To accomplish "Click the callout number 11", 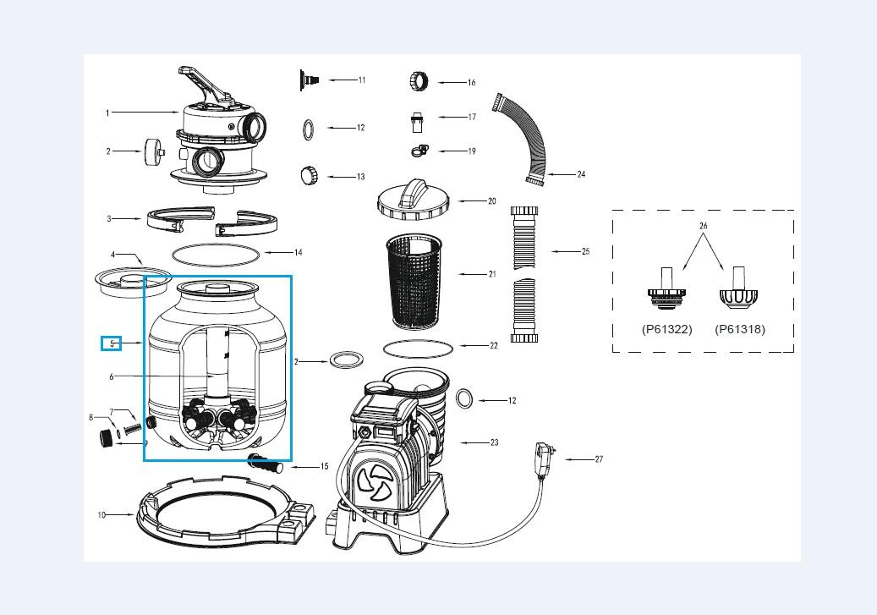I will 361,80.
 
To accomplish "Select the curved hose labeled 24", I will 518,139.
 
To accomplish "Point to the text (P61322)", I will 666,329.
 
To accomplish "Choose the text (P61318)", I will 740,329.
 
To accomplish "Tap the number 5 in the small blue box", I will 112,343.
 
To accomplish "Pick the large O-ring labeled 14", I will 217,252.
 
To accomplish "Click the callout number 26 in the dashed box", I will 703,226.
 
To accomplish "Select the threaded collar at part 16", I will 421,81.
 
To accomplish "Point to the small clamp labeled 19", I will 418,151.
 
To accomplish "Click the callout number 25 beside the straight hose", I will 585,251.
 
